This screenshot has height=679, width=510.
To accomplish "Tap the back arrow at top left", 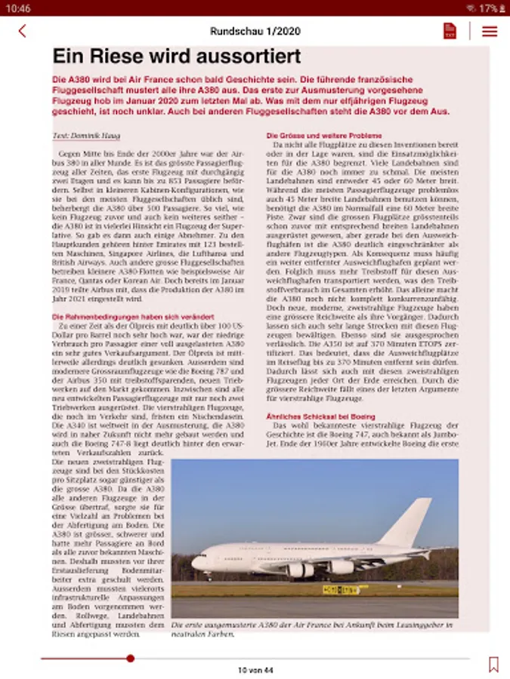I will (22, 31).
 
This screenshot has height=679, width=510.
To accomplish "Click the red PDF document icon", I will (450, 31).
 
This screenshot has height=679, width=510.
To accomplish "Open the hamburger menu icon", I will (490, 31).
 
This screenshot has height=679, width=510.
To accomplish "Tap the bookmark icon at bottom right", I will (493, 664).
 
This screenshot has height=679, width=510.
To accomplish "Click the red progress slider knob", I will (130, 659).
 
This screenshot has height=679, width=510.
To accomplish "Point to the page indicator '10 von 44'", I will (255, 670).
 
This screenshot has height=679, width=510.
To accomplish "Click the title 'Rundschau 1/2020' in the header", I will (255, 31).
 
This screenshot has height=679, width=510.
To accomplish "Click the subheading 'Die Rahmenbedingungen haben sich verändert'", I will (133, 317).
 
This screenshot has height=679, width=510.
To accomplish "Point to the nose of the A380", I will (195, 561).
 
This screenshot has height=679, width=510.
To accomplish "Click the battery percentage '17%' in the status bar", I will (489, 8).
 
